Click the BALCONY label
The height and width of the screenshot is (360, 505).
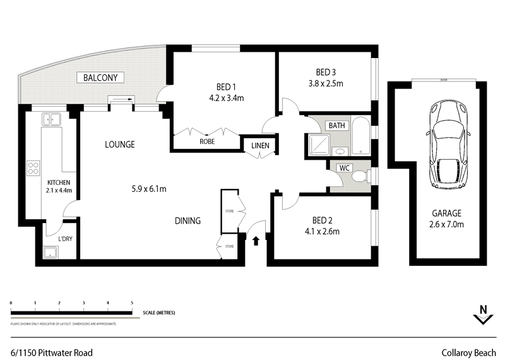pos(100,78)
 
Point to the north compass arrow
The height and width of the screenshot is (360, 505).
pos(482,315)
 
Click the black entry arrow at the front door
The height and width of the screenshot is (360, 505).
pos(256,240)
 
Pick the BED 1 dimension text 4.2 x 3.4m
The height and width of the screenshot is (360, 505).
pos(225,98)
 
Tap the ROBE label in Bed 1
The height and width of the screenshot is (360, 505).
pos(207,142)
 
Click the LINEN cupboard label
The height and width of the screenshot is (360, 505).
pos(260,147)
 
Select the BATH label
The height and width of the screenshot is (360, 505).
pos(336,125)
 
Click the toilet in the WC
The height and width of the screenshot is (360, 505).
pos(360,176)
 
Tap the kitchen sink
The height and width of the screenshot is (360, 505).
pos(49,118)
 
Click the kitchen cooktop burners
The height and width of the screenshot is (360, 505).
pos(33,167)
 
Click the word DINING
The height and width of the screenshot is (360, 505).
pos(187,221)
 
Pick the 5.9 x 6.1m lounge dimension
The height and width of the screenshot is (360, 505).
pos(149,188)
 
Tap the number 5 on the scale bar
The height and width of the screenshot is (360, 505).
pos(131,303)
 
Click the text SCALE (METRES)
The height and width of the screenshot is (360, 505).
pos(159,313)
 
